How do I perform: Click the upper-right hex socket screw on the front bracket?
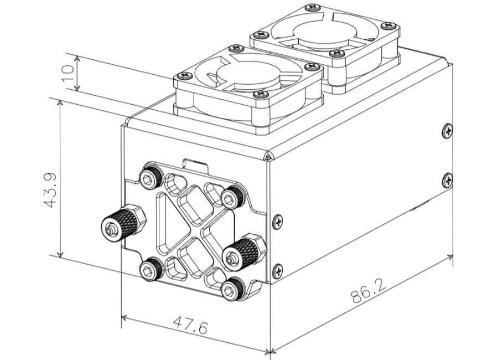[x=232, y=197]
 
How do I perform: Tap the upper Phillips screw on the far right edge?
[x=448, y=131]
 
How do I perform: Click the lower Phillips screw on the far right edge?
[x=448, y=179]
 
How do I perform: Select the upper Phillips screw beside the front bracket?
[x=277, y=222]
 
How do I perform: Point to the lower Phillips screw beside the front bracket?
[x=277, y=270]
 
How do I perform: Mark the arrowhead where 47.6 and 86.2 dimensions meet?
[x=268, y=351]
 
